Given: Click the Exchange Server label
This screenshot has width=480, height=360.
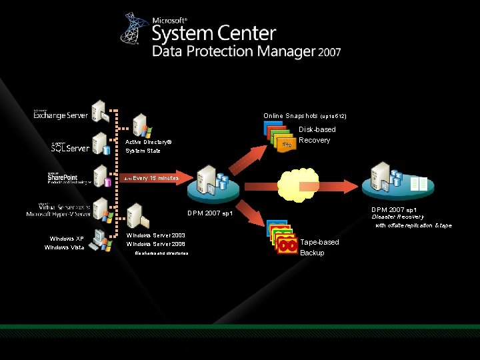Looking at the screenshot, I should pos(61,115).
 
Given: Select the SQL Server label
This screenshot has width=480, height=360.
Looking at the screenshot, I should pos(70,147).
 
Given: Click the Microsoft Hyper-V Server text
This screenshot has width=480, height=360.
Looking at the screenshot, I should pos(59,214).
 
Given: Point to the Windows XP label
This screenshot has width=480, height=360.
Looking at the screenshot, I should pos(67,239).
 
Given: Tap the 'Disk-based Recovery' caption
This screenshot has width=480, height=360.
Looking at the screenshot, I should pos(317,135).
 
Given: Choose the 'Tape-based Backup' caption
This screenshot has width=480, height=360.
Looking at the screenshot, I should pos(319,247).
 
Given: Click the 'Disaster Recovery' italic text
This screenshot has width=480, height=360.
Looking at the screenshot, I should pos(397,217).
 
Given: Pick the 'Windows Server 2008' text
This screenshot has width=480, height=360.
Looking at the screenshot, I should pos(155,244).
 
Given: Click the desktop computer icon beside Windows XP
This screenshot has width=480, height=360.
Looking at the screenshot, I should pos(99,241).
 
